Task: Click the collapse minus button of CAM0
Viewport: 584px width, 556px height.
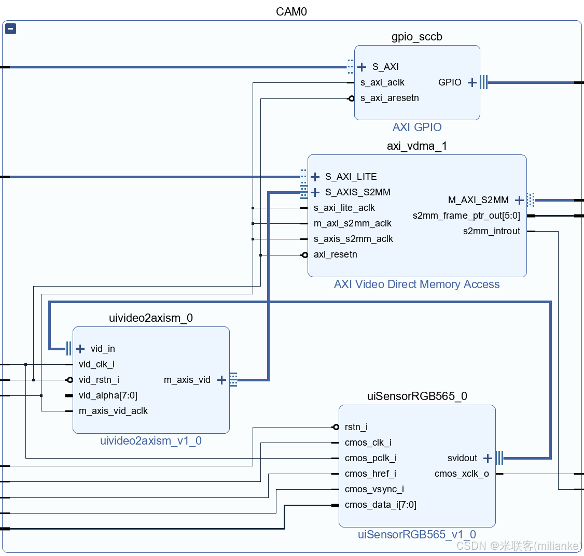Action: [x=10, y=29]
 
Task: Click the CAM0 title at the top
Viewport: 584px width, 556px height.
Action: [x=291, y=11]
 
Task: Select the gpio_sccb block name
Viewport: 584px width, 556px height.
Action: [x=416, y=37]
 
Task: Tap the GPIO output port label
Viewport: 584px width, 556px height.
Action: [x=450, y=82]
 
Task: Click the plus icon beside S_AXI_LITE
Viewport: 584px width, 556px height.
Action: [x=315, y=177]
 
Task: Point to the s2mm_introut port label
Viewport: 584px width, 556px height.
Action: [x=491, y=231]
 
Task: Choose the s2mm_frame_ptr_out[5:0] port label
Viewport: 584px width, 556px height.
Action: [x=466, y=216]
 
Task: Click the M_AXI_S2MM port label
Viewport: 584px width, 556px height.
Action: [x=478, y=200]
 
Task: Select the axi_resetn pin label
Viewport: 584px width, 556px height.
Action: [x=336, y=254]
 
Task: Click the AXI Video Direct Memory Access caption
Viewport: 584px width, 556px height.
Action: [x=416, y=284]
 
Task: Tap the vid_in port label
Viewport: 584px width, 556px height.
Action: [x=103, y=349]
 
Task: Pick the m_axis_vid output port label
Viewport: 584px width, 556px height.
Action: [x=187, y=380]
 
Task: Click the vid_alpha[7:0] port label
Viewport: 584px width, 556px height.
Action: [x=108, y=395]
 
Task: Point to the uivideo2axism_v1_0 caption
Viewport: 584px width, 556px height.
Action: [x=151, y=441]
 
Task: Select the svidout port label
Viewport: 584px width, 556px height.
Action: [x=462, y=458]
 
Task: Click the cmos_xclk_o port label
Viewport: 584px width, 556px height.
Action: [x=462, y=474]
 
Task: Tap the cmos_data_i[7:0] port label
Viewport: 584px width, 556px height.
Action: [x=380, y=505]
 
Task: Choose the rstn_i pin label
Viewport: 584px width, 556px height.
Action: [x=356, y=427]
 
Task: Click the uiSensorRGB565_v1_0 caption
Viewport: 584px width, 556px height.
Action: [x=416, y=535]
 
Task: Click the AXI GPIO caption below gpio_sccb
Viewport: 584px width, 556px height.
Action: [x=417, y=127]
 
